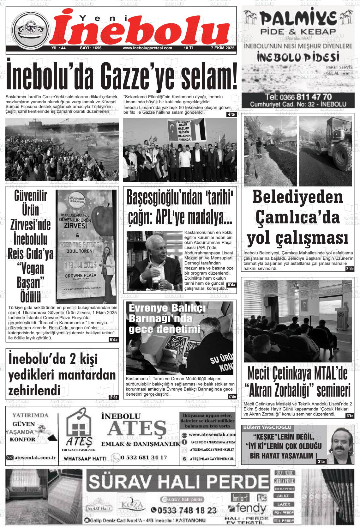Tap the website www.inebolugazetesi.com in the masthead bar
[x=147, y=48]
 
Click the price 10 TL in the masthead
[x=189, y=48]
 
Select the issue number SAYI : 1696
[x=91, y=48]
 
